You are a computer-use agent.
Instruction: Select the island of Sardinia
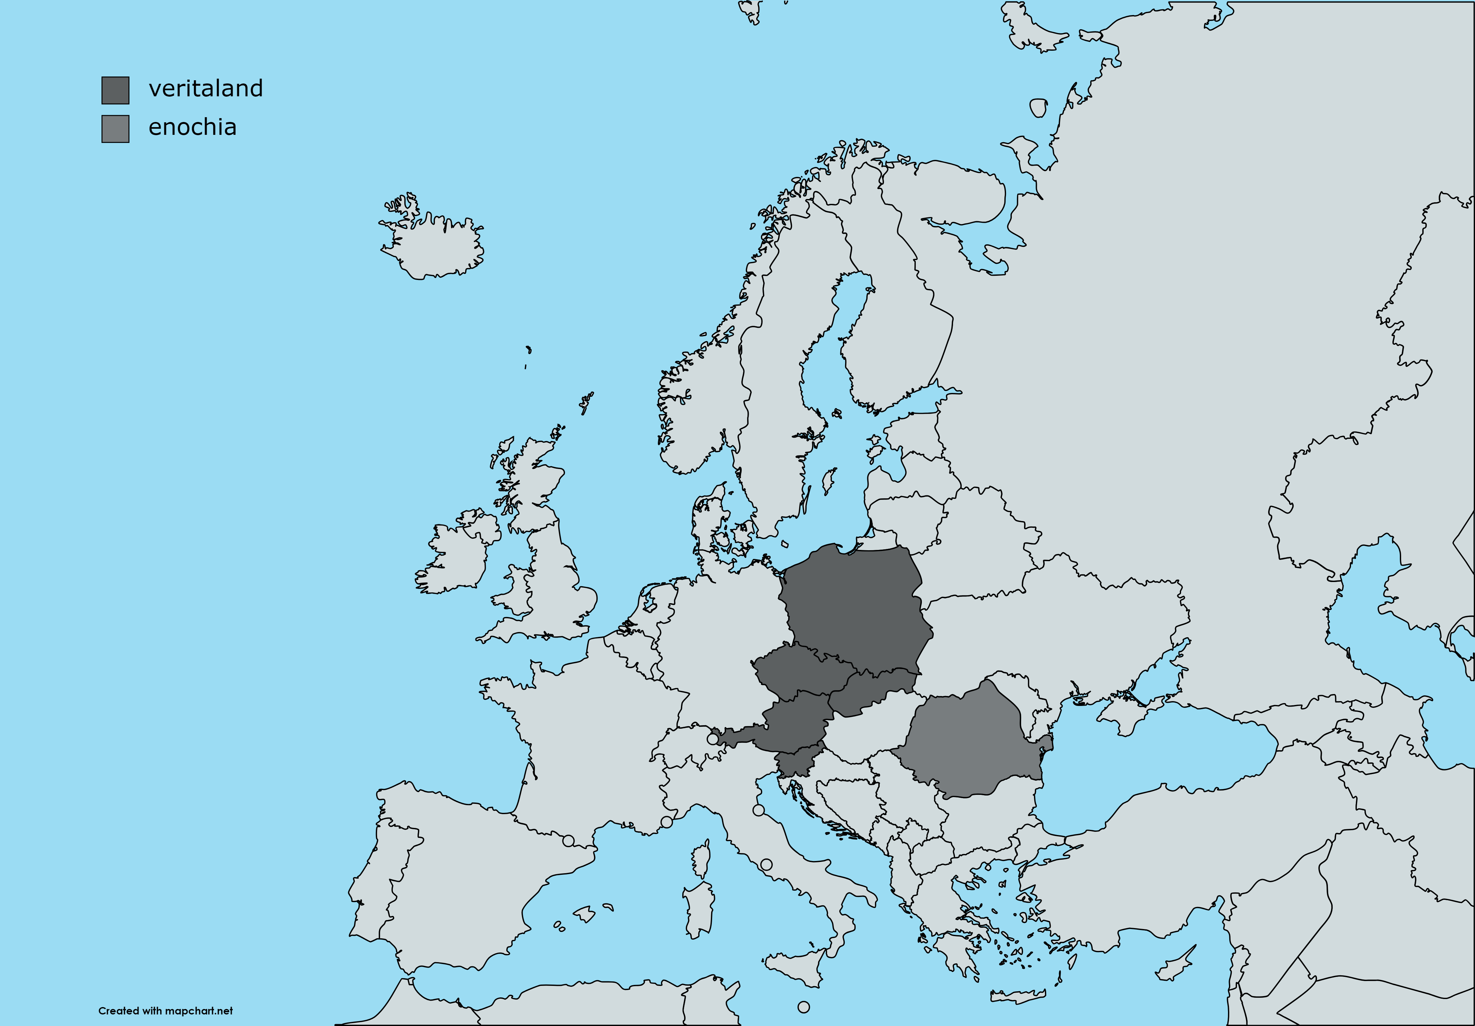tap(699, 909)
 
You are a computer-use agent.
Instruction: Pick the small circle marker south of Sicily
tap(804, 1007)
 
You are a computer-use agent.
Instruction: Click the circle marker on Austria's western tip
tap(712, 739)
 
